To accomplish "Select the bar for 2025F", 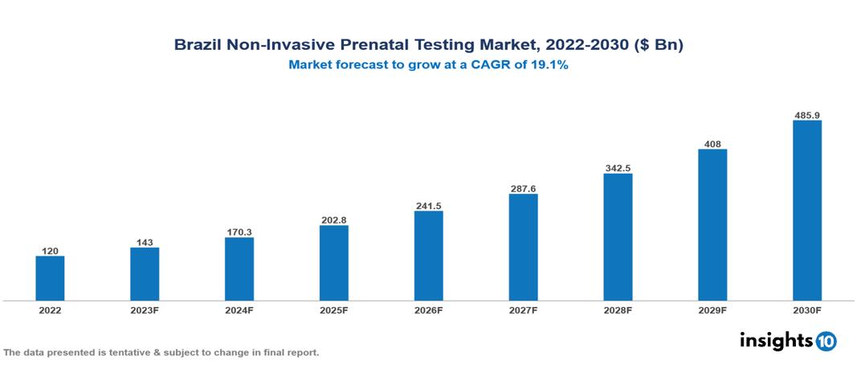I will point(334,263).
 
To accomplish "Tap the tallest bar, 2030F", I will point(807,211).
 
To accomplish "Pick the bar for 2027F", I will point(523,247).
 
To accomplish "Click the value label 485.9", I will point(807,115).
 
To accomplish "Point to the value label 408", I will point(712,145).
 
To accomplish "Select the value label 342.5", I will point(618,168).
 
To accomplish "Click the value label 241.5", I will point(428,206).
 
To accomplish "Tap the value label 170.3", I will point(239,232).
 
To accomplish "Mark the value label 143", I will point(145,242).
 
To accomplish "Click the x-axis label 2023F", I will point(145,310).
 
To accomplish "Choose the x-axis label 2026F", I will point(428,310).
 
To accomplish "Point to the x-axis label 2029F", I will point(712,310).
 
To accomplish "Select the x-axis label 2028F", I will point(618,310).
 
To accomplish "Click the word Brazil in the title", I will point(196,46).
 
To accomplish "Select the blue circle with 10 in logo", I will point(826,341).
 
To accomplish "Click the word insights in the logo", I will point(776,340).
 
